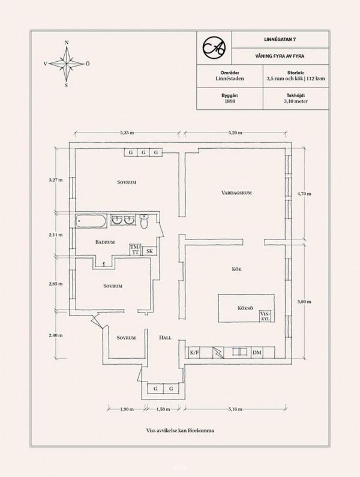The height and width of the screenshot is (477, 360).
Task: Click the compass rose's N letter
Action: tap(67, 43)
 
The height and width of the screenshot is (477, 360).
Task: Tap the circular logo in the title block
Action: tap(214, 47)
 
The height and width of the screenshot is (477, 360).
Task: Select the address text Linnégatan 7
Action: tap(280, 39)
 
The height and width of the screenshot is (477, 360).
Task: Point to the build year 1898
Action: tap(230, 101)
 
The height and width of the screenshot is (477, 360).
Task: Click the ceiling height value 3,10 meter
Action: tap(296, 101)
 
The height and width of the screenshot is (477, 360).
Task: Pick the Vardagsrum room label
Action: tap(236, 193)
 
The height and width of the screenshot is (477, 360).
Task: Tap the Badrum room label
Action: tap(105, 242)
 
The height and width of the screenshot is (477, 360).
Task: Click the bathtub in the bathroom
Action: tap(91, 220)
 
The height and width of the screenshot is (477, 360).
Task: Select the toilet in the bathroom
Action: tap(144, 221)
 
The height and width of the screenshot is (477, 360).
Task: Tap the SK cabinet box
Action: tap(149, 251)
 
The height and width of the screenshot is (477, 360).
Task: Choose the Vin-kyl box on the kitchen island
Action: tap(266, 316)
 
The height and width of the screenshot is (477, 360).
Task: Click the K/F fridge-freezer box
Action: tap(194, 353)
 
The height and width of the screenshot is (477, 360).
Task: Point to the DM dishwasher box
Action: tap(257, 353)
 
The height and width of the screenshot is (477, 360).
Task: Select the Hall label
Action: tap(165, 338)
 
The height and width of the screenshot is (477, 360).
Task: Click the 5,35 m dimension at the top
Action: tap(127, 133)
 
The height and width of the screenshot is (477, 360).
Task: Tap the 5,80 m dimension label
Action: tap(304, 302)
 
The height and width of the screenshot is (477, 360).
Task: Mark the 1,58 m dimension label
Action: tap(163, 409)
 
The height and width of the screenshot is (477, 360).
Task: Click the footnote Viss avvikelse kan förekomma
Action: tap(180, 430)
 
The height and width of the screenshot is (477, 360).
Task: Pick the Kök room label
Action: tap(236, 269)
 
